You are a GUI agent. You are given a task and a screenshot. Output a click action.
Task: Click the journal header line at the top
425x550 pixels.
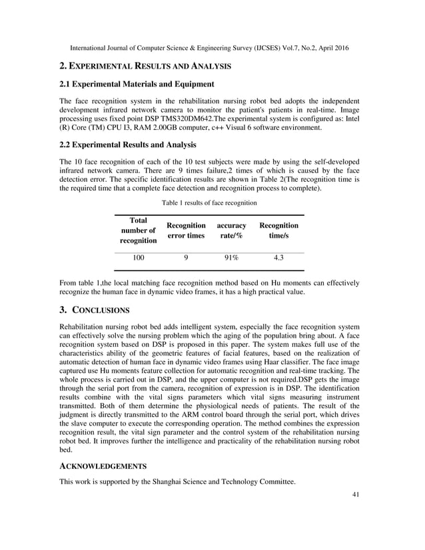click(x=212, y=49)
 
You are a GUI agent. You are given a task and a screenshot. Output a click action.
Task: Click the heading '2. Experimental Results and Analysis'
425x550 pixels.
click(x=145, y=67)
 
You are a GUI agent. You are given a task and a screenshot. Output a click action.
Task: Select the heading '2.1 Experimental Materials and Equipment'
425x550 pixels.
click(x=137, y=85)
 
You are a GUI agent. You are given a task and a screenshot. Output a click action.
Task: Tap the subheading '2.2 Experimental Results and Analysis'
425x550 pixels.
click(x=128, y=144)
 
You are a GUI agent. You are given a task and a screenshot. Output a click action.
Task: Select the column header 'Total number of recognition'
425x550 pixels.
click(x=139, y=230)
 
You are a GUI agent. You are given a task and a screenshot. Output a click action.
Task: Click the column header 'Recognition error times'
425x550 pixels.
click(x=186, y=230)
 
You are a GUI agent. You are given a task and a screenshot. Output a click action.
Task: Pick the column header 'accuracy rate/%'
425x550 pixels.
click(x=231, y=230)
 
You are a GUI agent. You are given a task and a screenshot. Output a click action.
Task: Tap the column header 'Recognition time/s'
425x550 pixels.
click(x=278, y=230)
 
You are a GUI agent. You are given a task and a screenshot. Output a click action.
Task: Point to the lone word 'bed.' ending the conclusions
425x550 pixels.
click(x=67, y=449)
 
